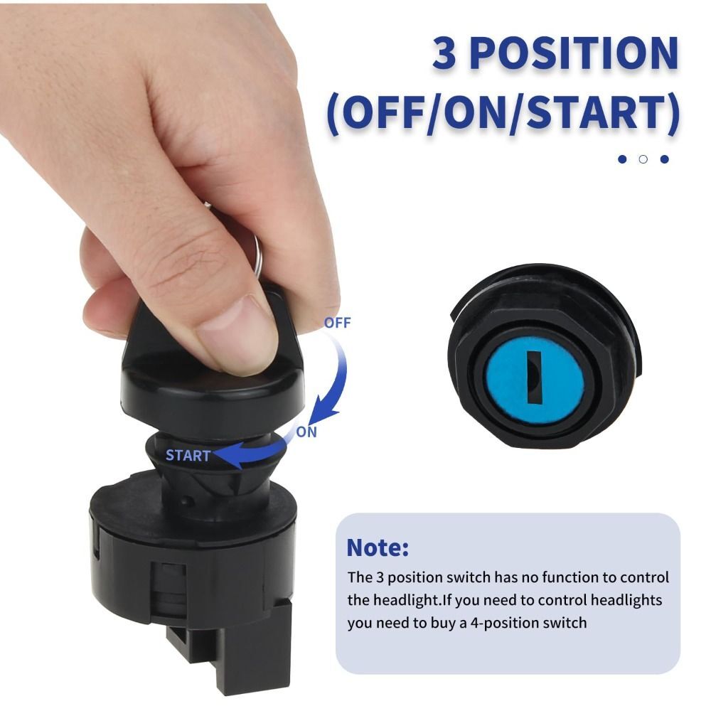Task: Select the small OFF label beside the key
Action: pos(337,323)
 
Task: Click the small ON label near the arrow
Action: pos(306,432)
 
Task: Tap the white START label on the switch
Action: pos(188,456)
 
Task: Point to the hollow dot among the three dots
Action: pos(643,159)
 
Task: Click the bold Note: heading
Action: pos(378,547)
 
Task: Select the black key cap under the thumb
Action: pos(206,384)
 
